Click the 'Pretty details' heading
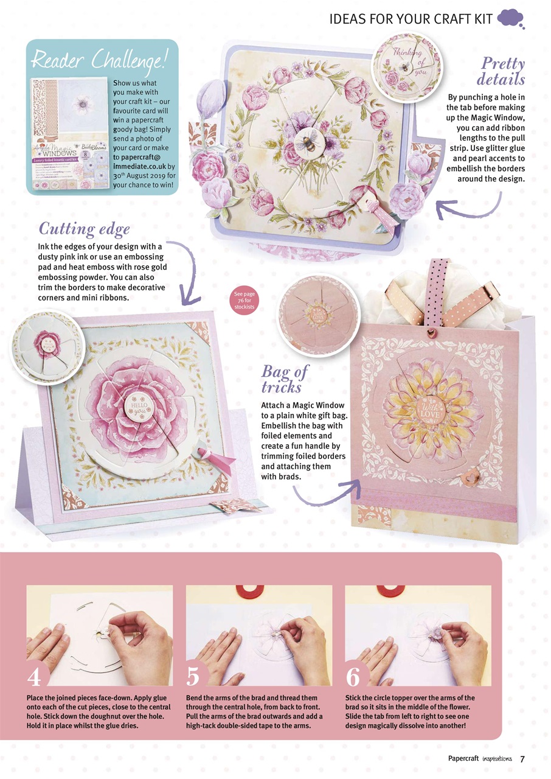[x=501, y=71]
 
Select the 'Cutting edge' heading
[x=85, y=229]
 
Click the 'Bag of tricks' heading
[x=285, y=379]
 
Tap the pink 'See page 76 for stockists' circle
[x=244, y=301]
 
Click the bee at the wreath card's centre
[x=307, y=142]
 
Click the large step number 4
[x=35, y=676]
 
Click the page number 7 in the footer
[x=522, y=758]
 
